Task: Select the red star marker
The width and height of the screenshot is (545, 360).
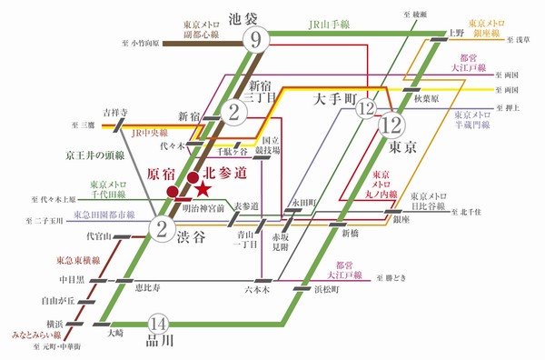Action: (x=203, y=188)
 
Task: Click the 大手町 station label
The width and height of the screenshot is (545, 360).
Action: (x=338, y=95)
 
